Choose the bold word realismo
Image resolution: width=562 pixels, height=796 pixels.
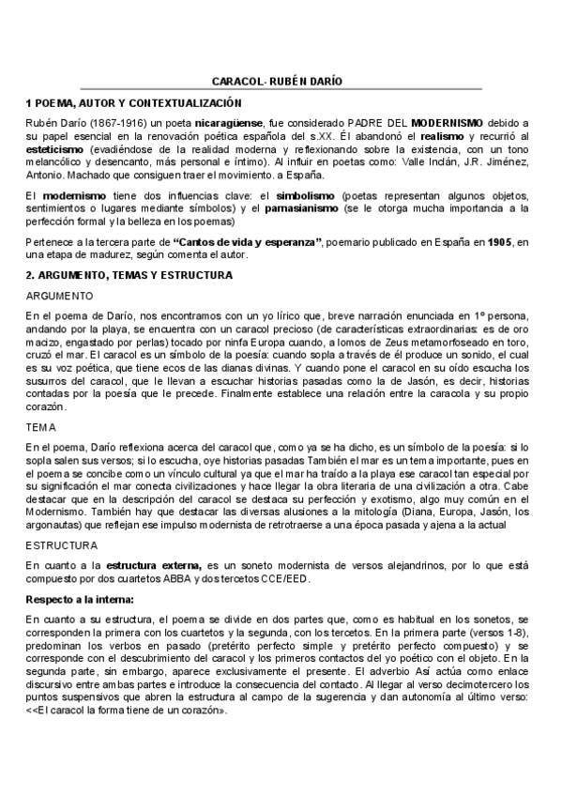(434, 137)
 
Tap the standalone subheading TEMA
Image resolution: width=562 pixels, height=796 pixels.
(41, 426)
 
